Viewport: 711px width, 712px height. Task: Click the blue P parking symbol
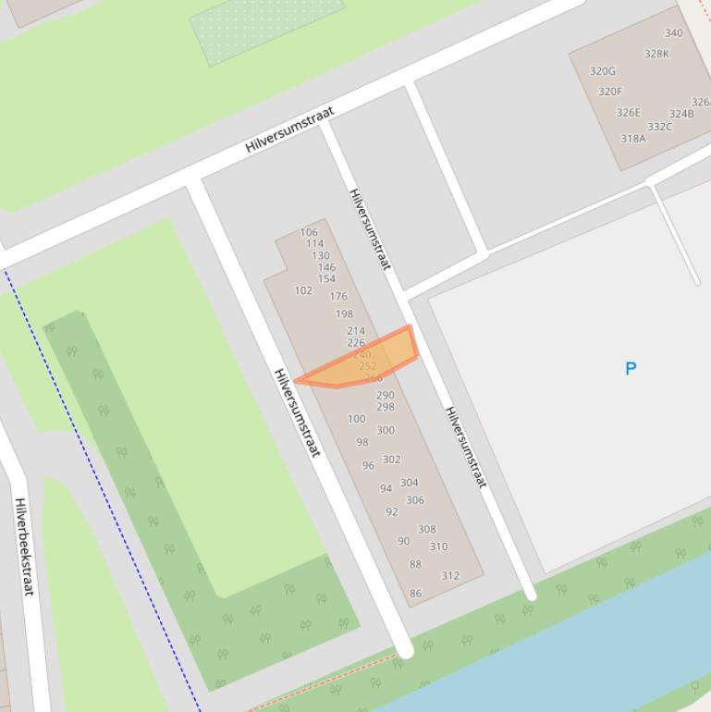[631, 368]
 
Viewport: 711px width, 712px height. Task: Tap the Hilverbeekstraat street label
[23, 546]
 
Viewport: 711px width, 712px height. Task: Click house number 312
[450, 575]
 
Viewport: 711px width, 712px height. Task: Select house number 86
[415, 594]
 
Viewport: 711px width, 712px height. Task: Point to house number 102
[303, 290]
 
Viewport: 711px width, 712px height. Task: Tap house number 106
[309, 232]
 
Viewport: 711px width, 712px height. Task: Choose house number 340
[673, 33]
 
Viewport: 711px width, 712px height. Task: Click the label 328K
[656, 54]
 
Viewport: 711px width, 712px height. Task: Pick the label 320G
[603, 71]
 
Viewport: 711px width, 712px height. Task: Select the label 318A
[633, 139]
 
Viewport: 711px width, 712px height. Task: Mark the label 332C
[660, 127]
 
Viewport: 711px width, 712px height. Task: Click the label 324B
[681, 115]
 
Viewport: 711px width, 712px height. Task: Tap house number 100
[356, 419]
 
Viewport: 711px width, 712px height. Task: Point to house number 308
[426, 530]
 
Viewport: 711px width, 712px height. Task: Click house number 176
[338, 297]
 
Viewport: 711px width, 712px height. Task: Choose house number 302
[391, 460]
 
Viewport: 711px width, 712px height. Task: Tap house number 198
[344, 314]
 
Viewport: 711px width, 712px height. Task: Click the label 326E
[629, 113]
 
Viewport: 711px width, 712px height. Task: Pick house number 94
[386, 489]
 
